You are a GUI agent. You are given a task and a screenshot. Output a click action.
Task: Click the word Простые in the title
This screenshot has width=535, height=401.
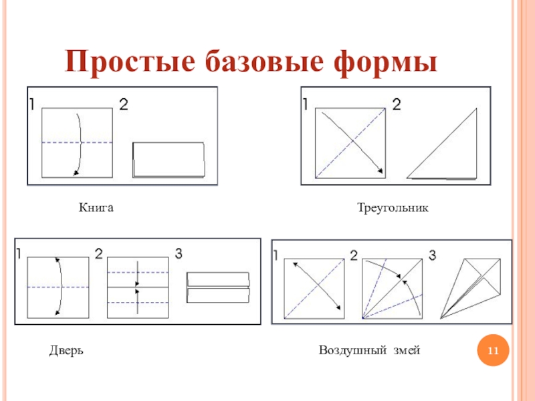[126, 62]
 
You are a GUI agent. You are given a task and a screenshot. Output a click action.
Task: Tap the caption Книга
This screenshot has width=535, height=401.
[97, 209]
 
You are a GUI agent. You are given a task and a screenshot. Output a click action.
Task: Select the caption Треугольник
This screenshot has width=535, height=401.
[393, 209]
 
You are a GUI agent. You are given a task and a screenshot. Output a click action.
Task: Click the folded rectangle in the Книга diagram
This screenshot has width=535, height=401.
[169, 160]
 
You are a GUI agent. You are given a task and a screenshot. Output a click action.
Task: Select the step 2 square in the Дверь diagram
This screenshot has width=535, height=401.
[137, 287]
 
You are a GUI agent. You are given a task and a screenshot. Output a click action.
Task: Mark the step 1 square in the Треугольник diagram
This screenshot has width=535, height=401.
[350, 144]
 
